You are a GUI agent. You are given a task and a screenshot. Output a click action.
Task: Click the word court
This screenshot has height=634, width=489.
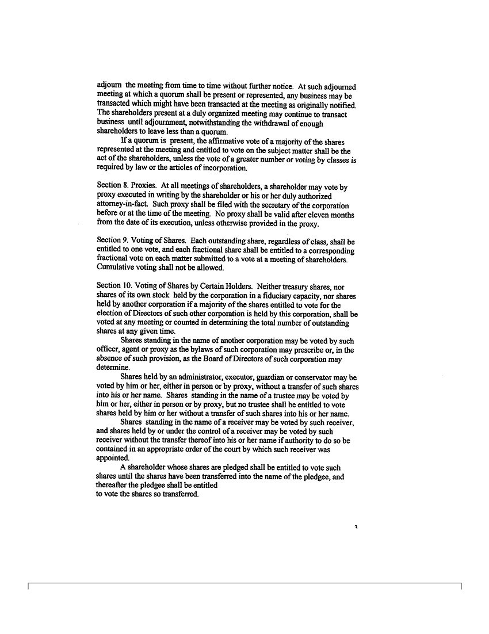246,450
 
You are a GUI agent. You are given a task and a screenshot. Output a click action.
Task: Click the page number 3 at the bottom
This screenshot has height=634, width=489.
357,528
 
